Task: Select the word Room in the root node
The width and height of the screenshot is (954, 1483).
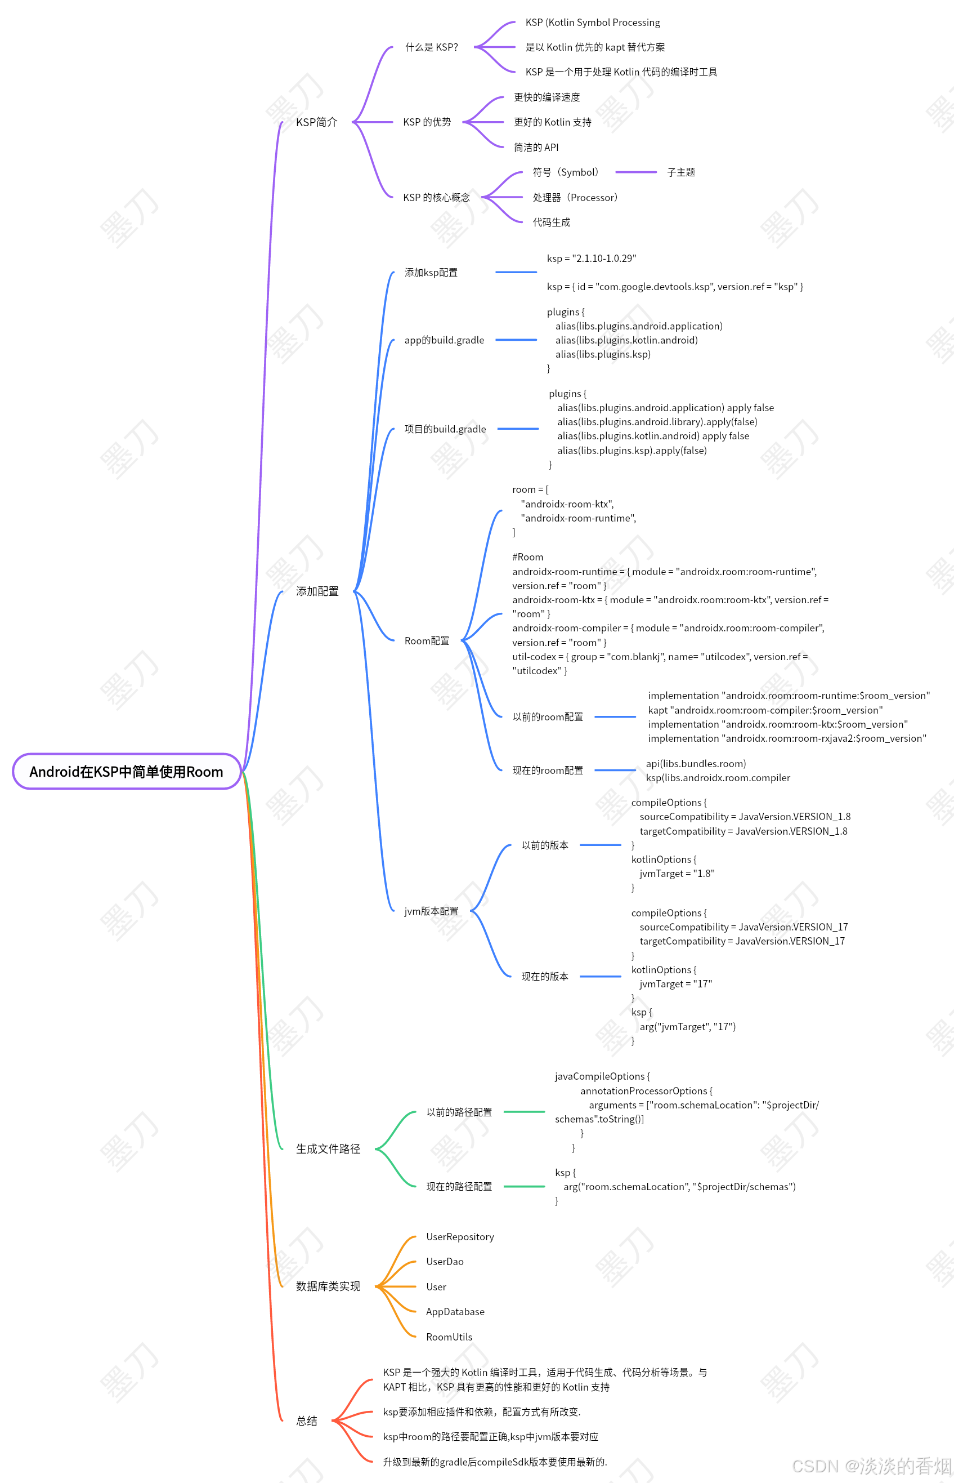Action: click(x=204, y=772)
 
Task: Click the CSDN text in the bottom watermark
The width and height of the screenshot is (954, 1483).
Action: click(x=814, y=1466)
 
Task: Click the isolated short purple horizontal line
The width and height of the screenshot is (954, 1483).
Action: click(x=635, y=172)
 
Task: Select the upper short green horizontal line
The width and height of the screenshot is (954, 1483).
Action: click(x=524, y=1112)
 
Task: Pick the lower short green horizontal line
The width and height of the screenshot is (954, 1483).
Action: click(x=524, y=1186)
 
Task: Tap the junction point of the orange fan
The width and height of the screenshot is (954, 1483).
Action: click(x=377, y=1286)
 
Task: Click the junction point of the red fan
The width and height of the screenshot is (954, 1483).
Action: click(x=333, y=1420)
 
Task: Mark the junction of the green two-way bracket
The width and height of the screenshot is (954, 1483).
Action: click(x=376, y=1149)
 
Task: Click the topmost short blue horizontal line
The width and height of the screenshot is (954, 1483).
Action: click(x=516, y=272)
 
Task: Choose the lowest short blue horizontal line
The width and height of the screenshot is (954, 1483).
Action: click(x=601, y=976)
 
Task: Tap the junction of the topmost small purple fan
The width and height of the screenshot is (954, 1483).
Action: click(x=476, y=47)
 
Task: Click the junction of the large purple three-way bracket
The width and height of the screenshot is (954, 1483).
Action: click(x=353, y=122)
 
